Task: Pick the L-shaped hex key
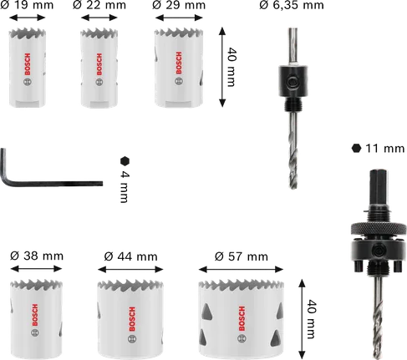[x=50, y=175]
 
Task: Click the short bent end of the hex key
[x=7, y=163]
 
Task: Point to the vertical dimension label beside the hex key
[x=126, y=178]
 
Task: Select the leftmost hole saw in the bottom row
[x=36, y=313]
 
